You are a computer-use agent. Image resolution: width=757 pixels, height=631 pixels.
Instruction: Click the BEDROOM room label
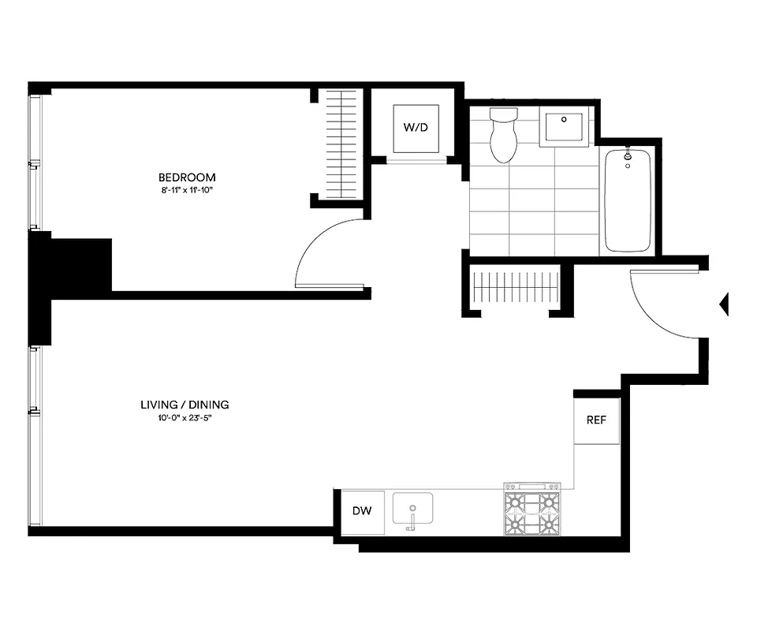(187, 177)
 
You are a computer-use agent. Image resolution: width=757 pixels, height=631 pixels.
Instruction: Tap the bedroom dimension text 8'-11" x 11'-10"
(187, 190)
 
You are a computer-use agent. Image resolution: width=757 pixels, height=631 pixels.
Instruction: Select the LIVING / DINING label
(185, 405)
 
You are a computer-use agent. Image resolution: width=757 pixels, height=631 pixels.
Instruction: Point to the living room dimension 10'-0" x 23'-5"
(185, 418)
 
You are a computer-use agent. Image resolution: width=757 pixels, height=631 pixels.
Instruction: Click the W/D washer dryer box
(416, 127)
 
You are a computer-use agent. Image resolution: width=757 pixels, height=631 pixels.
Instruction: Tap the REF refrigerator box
(596, 420)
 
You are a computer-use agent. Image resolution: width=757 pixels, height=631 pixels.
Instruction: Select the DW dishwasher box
(362, 510)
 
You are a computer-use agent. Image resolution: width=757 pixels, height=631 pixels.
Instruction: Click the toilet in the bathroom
(502, 135)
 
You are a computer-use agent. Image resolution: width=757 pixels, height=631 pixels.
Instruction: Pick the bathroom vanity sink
(564, 128)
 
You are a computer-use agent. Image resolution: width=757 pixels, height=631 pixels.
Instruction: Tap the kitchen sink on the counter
(412, 510)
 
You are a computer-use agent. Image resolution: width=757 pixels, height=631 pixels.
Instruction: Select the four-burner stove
(531, 510)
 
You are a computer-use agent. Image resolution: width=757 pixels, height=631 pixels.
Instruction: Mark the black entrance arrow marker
(724, 304)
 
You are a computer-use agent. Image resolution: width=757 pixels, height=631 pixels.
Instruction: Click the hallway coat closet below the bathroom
(516, 287)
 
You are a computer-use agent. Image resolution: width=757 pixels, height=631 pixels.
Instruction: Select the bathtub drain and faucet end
(628, 158)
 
